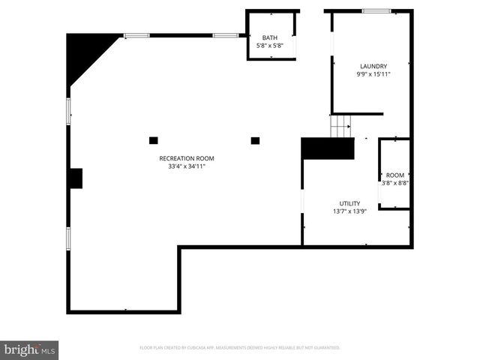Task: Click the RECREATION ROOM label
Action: pos(187,158)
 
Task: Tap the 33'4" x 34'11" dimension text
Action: pos(187,166)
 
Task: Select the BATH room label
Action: pos(269,38)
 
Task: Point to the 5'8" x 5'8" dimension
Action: pos(269,46)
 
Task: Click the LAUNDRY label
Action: pos(373,67)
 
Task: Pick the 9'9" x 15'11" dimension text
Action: pos(373,74)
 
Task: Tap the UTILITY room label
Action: pos(349,203)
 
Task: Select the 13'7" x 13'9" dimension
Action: pos(349,211)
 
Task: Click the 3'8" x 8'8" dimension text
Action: pos(394,183)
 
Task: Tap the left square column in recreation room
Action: pos(154,140)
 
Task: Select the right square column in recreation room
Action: pos(255,140)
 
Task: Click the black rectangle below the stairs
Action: pos(328,148)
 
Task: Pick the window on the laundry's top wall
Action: pos(376,11)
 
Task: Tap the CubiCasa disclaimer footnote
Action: pos(240,348)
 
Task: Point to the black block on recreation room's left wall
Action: pos(76,178)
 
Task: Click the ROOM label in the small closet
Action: pos(394,175)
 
